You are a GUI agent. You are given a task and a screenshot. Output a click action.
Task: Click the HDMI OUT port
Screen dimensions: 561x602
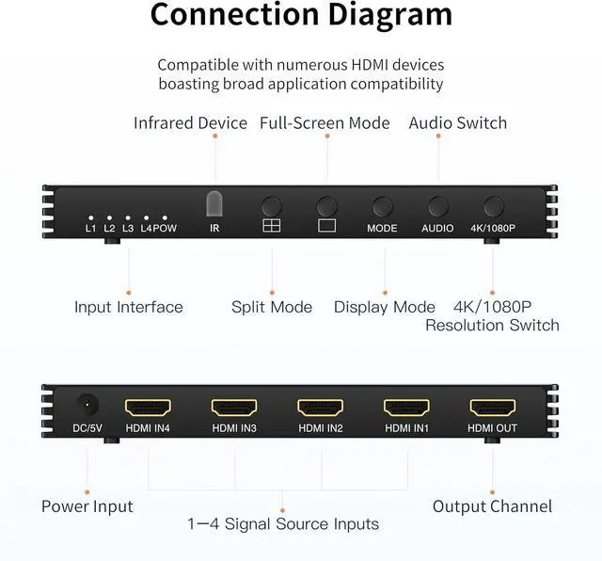point(493,408)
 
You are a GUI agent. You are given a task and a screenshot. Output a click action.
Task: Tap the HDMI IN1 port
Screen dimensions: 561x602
point(406,408)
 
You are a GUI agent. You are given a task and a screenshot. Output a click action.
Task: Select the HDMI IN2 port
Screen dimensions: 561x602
point(320,408)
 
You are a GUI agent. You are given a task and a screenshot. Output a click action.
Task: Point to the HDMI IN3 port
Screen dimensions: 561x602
point(234,408)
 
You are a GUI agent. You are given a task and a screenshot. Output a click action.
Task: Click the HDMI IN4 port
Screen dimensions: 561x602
point(148,408)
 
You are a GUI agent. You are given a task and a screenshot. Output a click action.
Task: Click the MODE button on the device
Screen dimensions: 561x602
point(382,206)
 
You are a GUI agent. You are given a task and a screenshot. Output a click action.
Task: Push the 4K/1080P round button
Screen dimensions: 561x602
point(493,206)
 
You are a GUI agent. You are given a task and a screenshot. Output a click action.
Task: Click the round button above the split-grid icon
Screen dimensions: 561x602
point(272,206)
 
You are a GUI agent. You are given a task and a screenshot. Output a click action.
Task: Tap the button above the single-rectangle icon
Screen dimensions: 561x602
point(326,206)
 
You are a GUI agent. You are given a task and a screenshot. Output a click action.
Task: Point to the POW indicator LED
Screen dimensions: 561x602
point(165,216)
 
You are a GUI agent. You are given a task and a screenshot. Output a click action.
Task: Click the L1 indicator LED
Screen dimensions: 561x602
point(90,216)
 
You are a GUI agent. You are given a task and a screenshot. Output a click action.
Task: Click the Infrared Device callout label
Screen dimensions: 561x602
point(190,123)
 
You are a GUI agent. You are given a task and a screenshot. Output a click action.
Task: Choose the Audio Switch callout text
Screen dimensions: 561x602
point(457,123)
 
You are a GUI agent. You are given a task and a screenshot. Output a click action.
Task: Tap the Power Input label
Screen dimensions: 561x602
point(87,506)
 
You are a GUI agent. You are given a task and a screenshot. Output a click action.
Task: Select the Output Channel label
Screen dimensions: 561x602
point(492,506)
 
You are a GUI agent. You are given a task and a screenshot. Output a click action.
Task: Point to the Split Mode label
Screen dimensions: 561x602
point(272,307)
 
